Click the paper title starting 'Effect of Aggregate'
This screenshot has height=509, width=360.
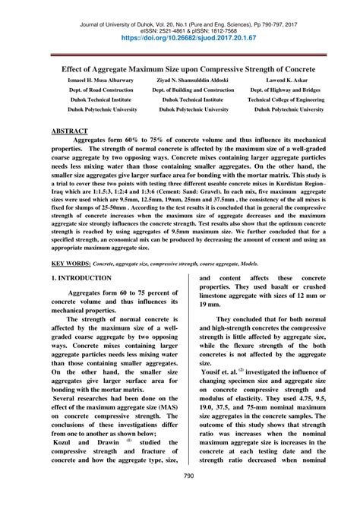[x=180, y=67]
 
